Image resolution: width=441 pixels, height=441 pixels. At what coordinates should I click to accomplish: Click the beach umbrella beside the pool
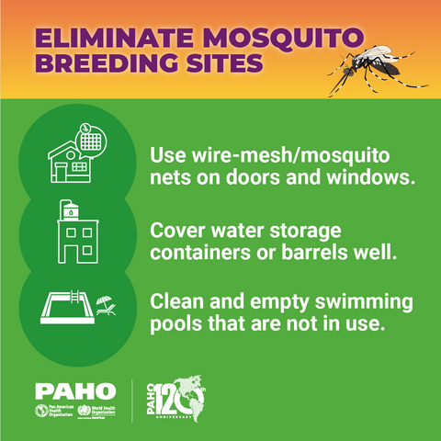coord(106,302)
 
